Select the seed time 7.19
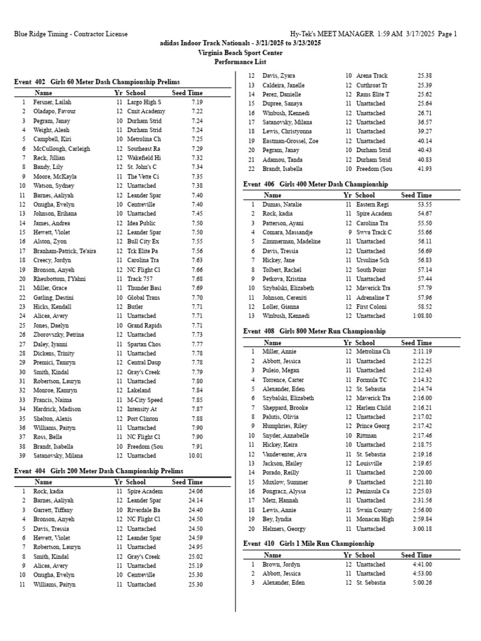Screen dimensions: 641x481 point(197,102)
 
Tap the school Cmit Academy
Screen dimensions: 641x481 point(145,111)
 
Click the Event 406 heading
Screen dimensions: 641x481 point(316,184)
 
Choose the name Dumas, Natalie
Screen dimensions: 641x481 point(282,205)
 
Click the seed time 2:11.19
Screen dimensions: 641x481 point(422,352)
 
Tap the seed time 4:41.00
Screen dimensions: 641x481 point(422,565)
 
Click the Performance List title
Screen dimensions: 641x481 point(240,62)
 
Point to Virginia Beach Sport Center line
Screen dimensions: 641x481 point(240,53)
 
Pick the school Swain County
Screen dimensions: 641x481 point(375,510)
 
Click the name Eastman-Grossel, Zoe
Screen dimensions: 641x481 point(291,141)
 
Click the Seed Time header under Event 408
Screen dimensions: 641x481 point(416,343)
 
